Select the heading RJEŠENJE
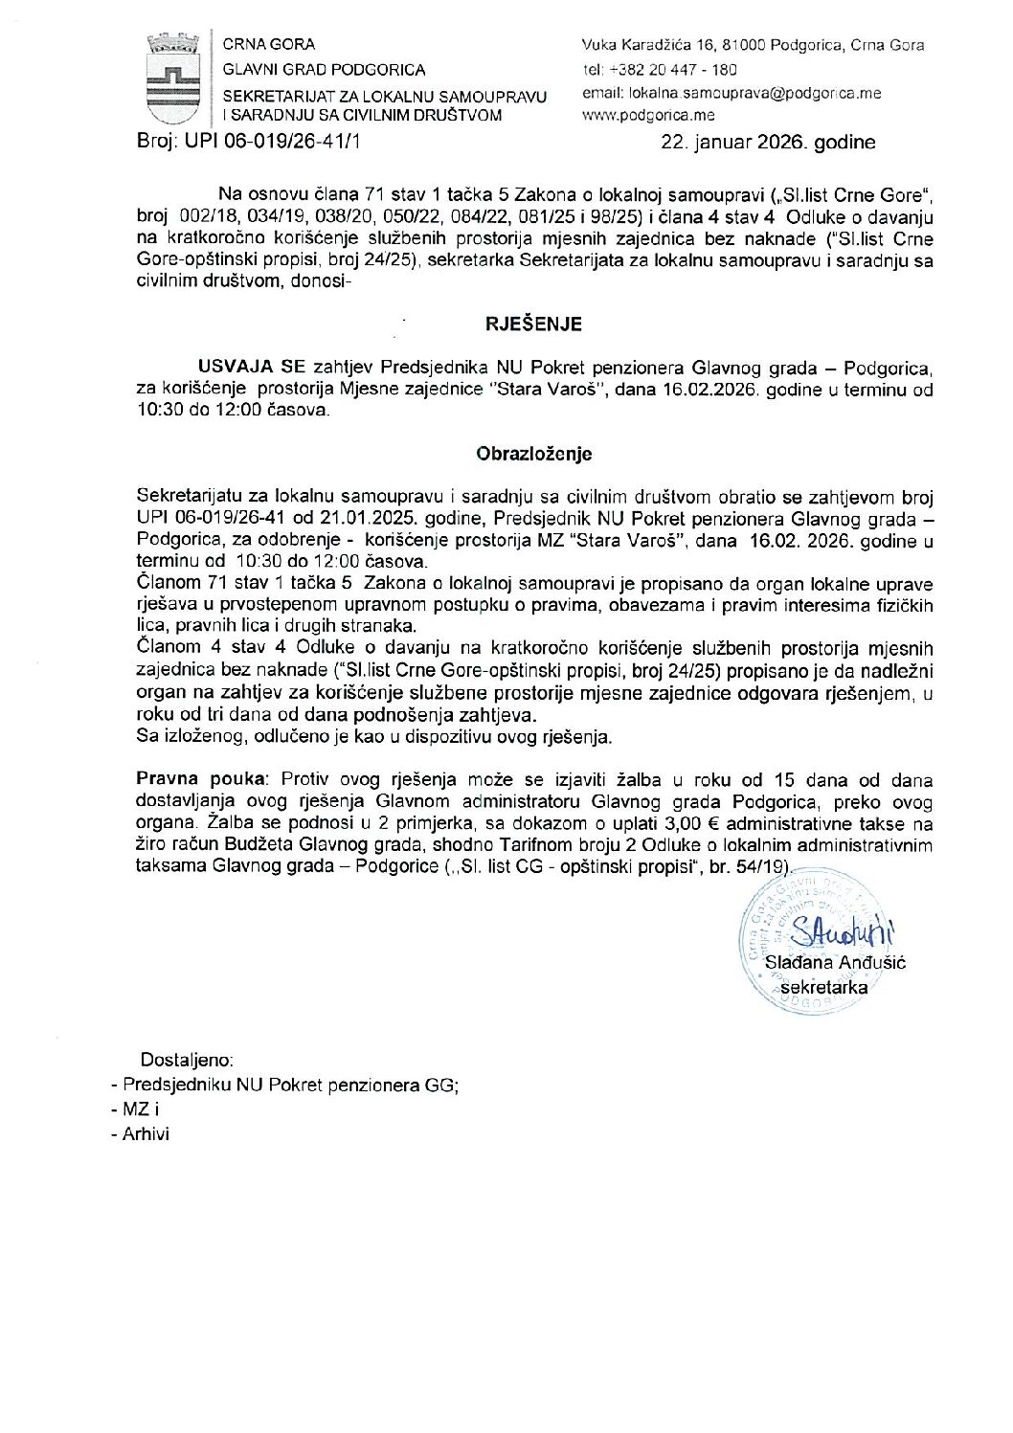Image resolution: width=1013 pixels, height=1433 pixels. pos(533,325)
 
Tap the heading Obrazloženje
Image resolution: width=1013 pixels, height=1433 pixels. pos(533,454)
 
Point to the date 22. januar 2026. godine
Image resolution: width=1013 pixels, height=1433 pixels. pos(768,143)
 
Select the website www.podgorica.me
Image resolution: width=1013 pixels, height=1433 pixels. pos(648,116)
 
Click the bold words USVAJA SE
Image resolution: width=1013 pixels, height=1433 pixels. pos(252,368)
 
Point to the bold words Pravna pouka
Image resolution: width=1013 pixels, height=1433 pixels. pos(201,780)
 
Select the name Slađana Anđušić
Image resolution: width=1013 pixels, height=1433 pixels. pos(835,962)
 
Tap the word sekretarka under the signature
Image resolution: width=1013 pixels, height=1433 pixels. pos(824,987)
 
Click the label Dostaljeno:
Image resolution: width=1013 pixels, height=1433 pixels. pos(187,1060)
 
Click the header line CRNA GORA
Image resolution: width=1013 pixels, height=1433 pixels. pos(268,44)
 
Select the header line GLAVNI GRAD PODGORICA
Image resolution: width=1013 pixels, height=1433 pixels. pos(324,70)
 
